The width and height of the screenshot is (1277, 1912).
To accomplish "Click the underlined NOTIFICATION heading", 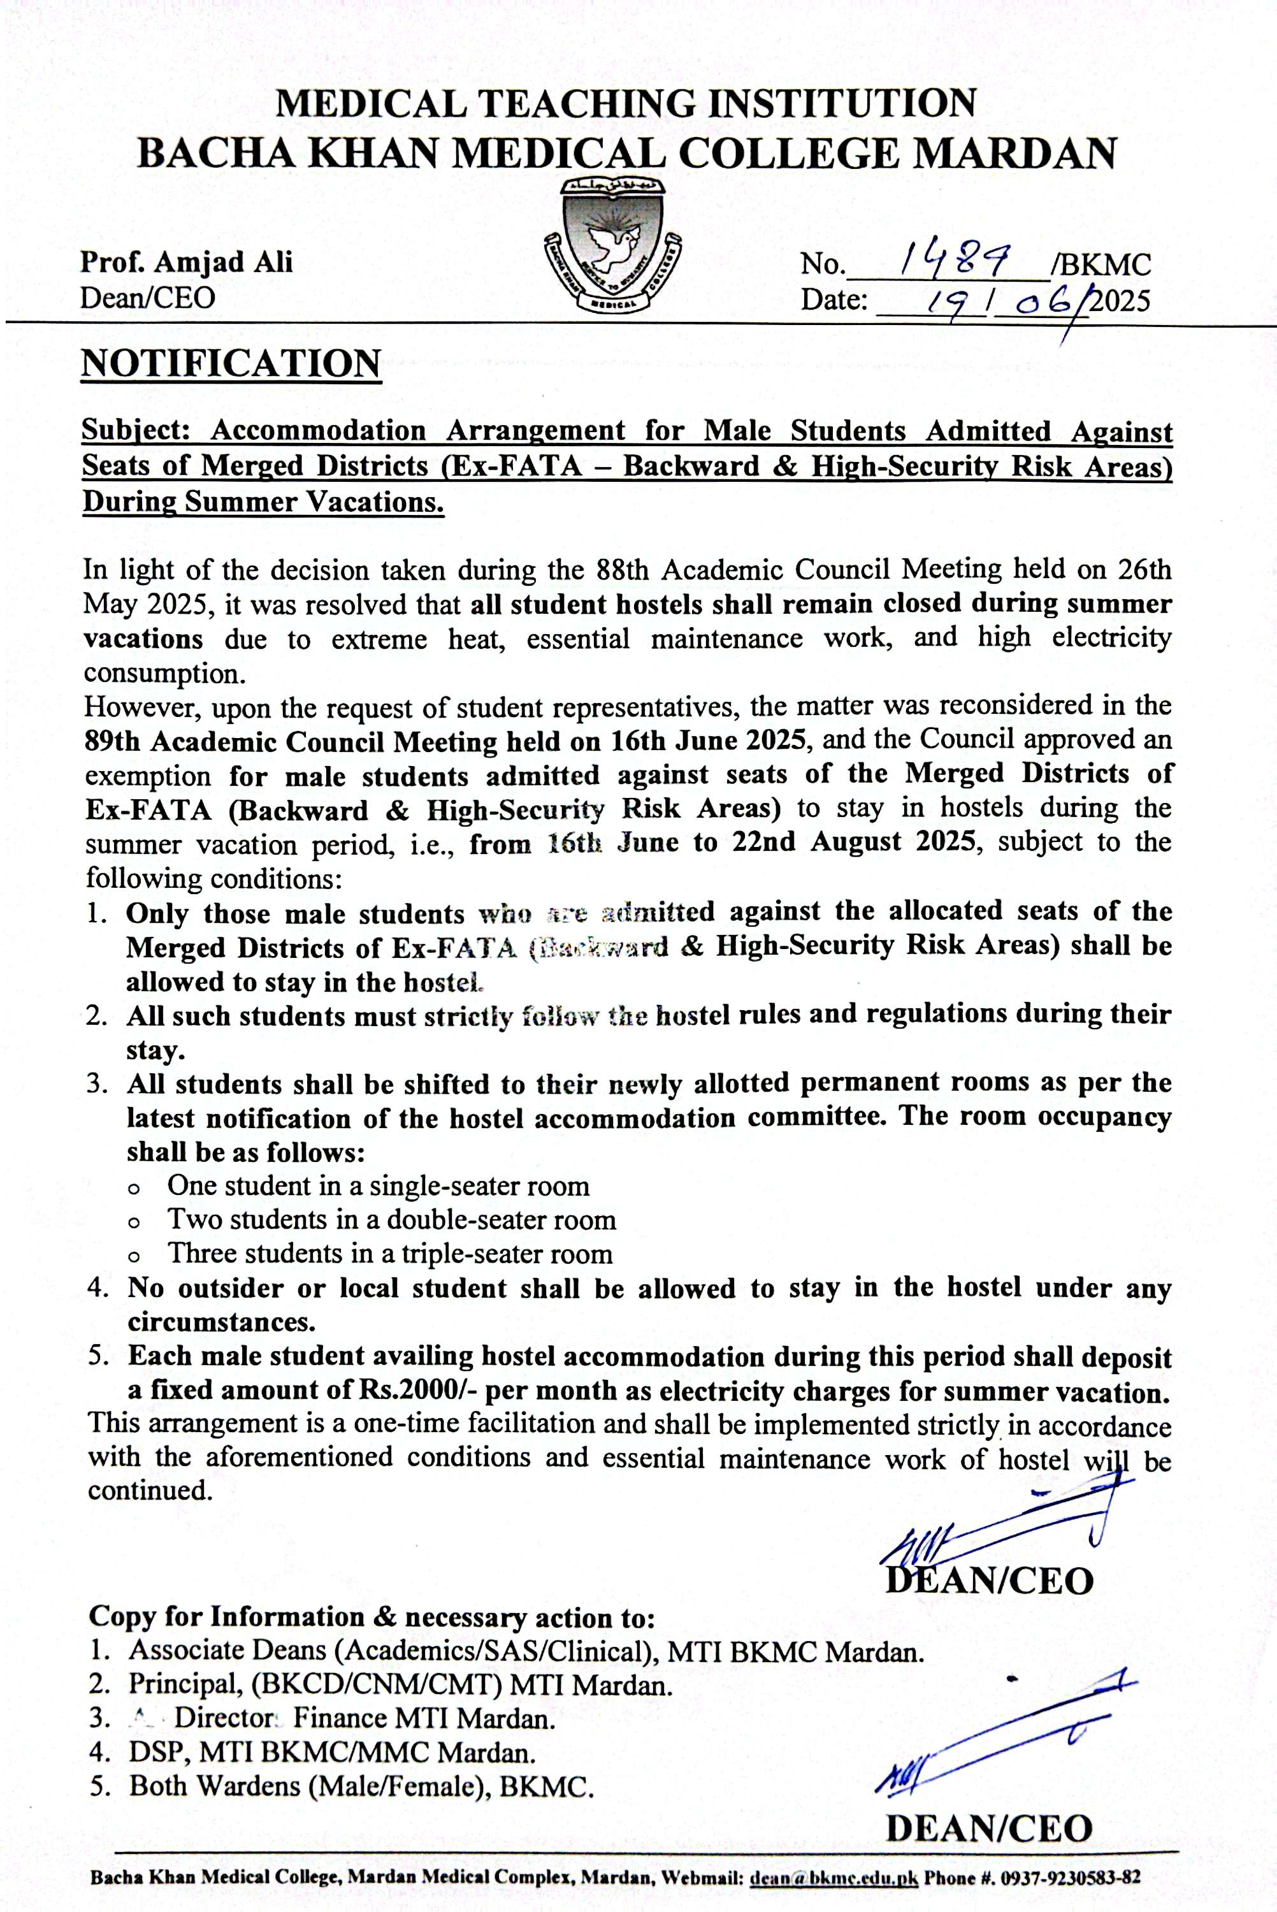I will pos(231,363).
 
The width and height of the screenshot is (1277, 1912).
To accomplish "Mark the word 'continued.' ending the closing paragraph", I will pos(150,1490).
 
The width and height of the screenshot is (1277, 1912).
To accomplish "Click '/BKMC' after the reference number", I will pos(1101,264).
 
